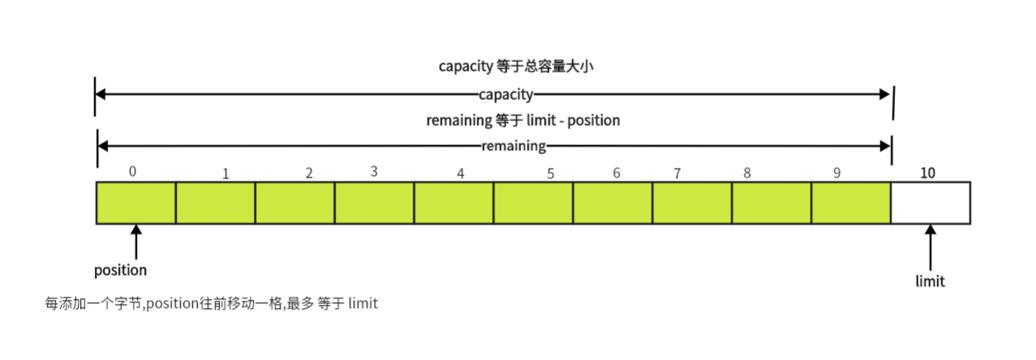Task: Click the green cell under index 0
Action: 136,203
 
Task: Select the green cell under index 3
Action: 375,203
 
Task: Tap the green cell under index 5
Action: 533,203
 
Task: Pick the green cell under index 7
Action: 692,203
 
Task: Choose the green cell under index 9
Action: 851,203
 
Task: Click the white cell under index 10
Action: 931,203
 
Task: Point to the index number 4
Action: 460,174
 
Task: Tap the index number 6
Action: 617,174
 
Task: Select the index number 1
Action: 226,174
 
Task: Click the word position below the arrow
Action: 121,270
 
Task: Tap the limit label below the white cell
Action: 930,281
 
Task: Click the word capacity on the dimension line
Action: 505,95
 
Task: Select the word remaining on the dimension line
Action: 514,147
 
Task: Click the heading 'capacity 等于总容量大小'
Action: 516,66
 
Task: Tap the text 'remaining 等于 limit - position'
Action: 523,121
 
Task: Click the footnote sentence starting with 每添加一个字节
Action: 212,304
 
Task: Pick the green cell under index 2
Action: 295,203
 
